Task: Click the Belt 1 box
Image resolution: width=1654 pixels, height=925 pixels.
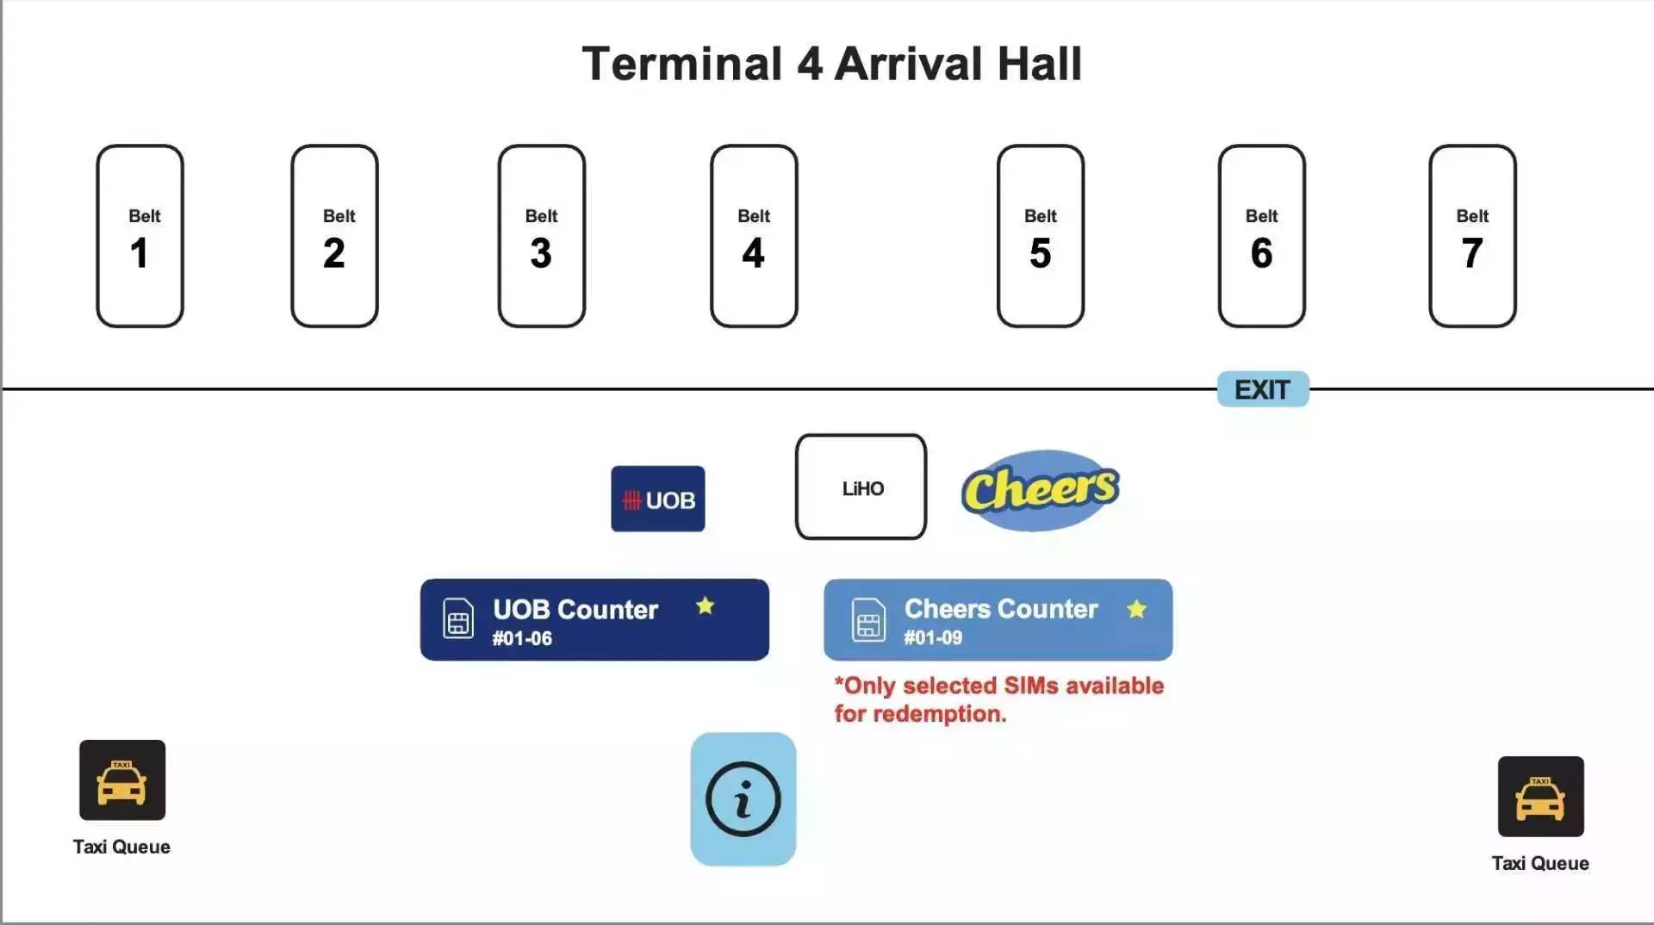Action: [x=140, y=236]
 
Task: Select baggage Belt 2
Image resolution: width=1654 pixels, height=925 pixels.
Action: [x=334, y=236]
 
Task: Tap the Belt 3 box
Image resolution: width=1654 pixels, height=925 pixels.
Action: [x=541, y=236]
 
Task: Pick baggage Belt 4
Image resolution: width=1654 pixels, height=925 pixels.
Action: [x=754, y=236]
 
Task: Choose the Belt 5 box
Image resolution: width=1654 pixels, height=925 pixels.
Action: [x=1041, y=236]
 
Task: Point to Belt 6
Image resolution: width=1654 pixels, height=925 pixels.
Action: [x=1262, y=236]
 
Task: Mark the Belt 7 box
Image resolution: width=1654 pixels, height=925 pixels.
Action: [x=1473, y=236]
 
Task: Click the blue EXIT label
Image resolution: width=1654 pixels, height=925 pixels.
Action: [x=1263, y=389]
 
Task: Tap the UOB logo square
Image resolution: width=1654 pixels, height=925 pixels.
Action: [x=658, y=499]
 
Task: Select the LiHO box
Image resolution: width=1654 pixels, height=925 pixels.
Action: [x=861, y=487]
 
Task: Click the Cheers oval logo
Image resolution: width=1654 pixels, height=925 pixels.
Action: [x=1041, y=489]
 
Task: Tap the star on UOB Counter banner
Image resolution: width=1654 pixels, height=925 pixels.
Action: [x=706, y=605]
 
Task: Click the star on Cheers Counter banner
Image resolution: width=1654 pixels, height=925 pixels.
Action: [x=1137, y=609]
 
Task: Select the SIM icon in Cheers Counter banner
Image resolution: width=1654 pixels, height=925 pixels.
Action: [x=868, y=619]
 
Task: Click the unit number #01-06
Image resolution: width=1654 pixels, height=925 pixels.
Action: [x=522, y=638]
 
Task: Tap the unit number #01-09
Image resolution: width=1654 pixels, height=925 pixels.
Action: [x=933, y=637]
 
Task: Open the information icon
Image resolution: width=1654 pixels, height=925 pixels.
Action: [x=743, y=799]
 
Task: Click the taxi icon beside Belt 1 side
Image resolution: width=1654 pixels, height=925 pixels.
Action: [x=122, y=779]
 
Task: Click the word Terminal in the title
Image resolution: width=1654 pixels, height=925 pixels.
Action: [x=682, y=64]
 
